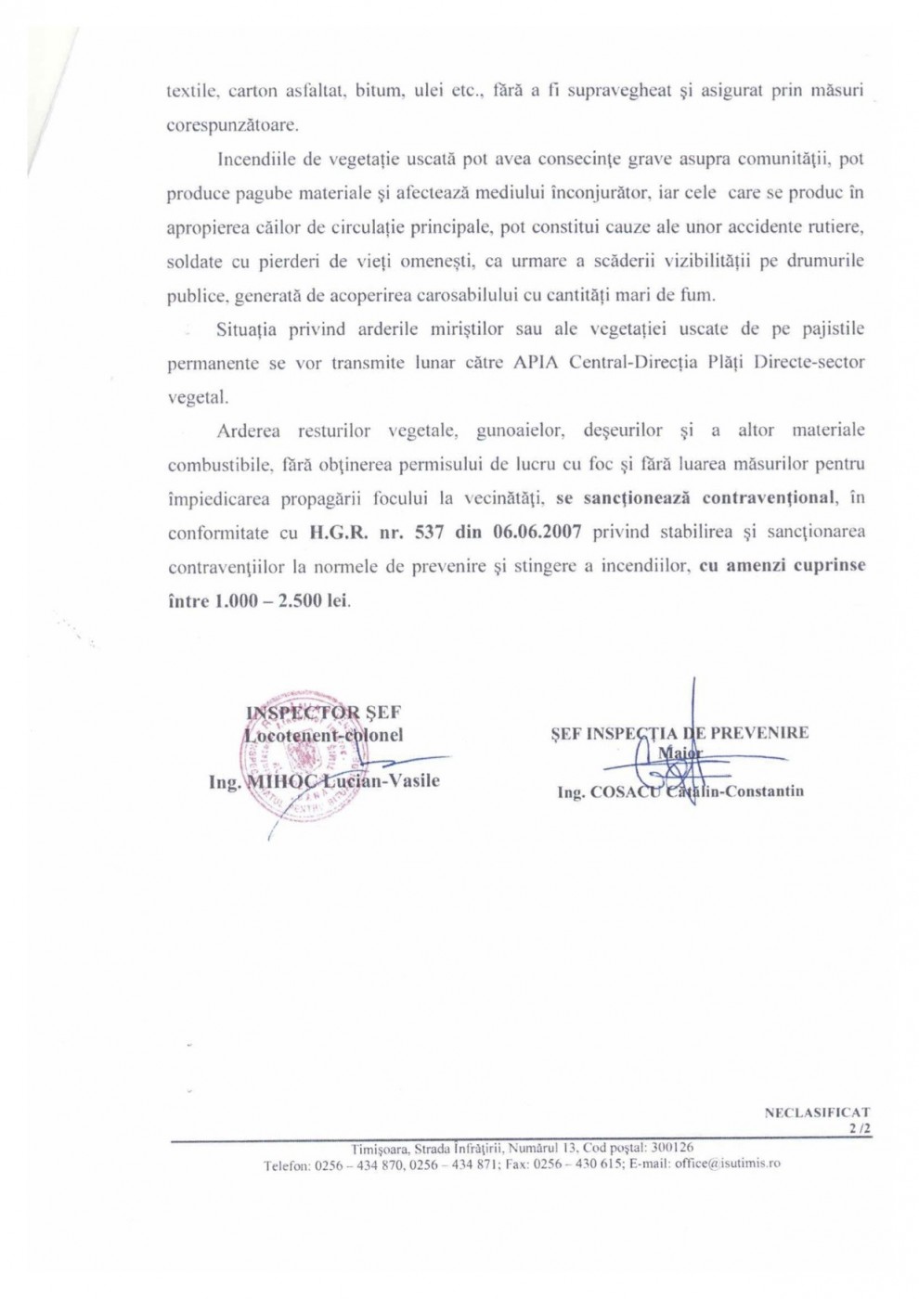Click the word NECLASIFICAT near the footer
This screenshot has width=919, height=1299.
click(817, 1110)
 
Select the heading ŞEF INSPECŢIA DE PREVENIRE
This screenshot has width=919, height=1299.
click(680, 732)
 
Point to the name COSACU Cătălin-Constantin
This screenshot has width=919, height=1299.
click(695, 791)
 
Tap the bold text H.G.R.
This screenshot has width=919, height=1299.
click(333, 533)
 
